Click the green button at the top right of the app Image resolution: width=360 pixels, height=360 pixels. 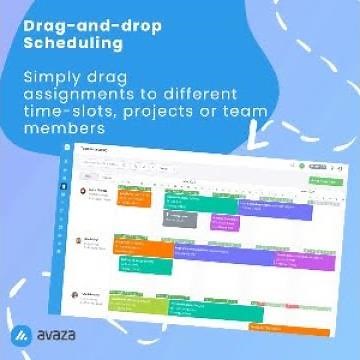(321, 180)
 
